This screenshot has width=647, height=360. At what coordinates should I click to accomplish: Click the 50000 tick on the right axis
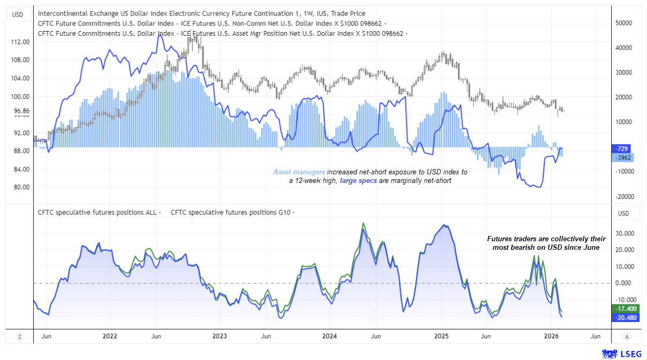point(623,23)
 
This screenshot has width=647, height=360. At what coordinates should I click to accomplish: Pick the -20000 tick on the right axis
point(623,196)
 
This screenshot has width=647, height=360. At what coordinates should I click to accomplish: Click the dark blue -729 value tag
point(622,149)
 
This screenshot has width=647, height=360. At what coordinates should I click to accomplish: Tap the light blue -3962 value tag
point(622,158)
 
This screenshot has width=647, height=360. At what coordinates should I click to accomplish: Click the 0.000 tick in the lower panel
point(623,283)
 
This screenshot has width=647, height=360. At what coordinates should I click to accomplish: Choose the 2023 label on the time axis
point(219,336)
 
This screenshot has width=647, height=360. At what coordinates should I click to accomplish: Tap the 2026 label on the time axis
point(552,336)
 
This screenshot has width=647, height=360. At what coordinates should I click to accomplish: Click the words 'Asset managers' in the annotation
point(299,172)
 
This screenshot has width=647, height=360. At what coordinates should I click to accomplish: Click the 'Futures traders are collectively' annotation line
point(546,239)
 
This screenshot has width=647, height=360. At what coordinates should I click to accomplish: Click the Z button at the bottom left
point(19,336)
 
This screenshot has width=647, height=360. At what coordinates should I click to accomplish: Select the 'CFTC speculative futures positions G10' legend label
point(230,212)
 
